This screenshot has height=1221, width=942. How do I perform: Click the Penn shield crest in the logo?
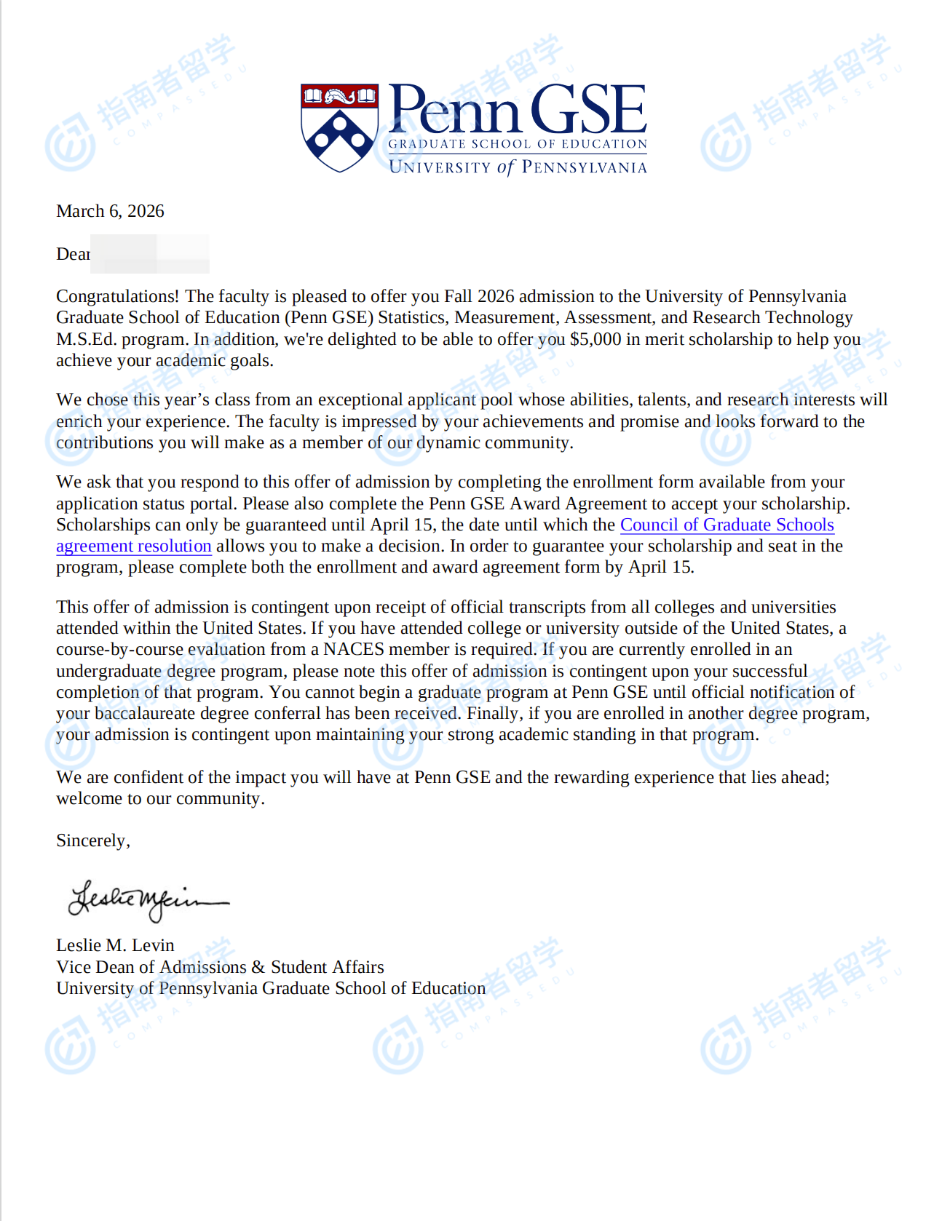(x=339, y=127)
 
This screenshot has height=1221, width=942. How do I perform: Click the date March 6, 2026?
(x=110, y=211)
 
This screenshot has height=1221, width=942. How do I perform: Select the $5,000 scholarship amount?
(x=595, y=339)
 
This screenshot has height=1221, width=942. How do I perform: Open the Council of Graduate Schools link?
(x=727, y=525)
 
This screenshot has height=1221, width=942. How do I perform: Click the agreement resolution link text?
(x=133, y=546)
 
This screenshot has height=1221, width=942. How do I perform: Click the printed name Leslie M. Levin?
(x=115, y=945)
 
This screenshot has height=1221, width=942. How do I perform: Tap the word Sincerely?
(x=92, y=840)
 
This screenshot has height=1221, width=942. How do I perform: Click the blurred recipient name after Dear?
(x=149, y=254)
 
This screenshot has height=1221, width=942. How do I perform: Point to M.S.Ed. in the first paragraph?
(x=87, y=339)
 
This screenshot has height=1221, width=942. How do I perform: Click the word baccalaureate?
(x=145, y=713)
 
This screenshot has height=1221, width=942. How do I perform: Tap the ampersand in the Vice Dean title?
(x=258, y=967)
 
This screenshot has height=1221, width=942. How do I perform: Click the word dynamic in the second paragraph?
(x=448, y=442)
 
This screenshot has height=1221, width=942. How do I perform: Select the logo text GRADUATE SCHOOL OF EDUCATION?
(x=518, y=144)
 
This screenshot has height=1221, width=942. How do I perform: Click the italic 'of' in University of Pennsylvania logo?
(x=506, y=167)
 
